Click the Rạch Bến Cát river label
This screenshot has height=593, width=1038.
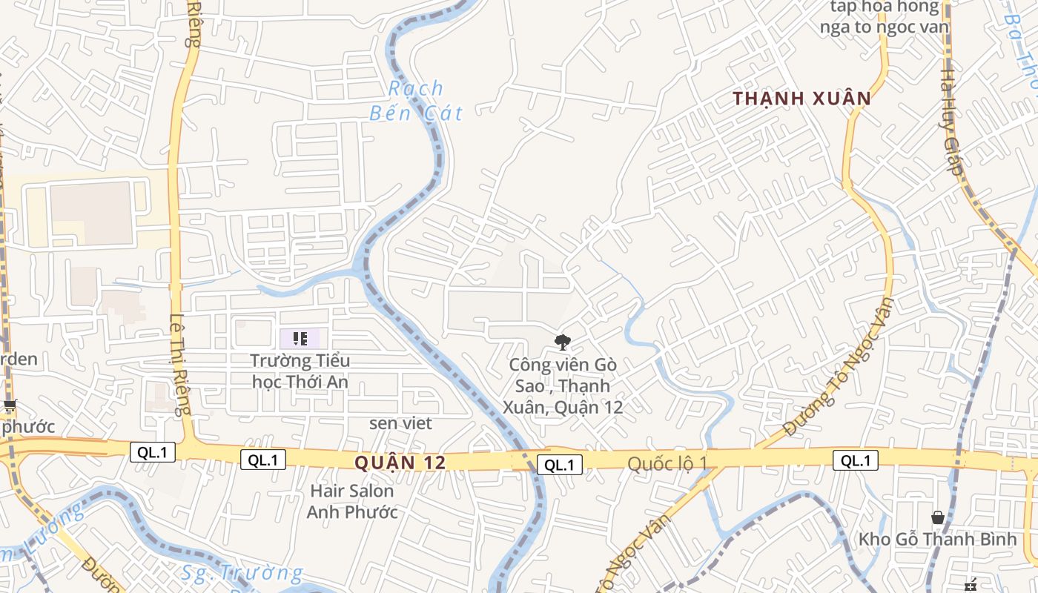click(416, 101)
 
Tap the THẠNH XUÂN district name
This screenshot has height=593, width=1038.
click(801, 99)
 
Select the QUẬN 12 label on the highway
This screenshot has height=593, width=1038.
click(400, 463)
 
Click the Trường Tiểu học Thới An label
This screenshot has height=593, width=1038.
click(300, 371)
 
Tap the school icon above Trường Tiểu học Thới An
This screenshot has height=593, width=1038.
click(300, 339)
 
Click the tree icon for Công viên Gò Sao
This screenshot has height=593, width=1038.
click(563, 342)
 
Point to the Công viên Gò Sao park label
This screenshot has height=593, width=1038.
click(563, 385)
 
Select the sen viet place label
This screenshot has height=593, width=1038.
click(400, 423)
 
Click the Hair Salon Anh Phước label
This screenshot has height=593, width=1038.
click(352, 501)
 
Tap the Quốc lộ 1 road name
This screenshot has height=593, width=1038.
click(667, 463)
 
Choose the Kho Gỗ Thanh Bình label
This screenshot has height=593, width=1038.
click(937, 539)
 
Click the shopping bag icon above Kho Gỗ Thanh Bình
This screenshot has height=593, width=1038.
click(937, 517)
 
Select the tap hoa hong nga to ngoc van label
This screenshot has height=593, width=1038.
click(884, 17)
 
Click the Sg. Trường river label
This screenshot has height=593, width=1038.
click(242, 573)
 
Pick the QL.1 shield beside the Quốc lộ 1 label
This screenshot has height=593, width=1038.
click(559, 465)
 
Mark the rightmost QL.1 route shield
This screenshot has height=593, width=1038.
click(855, 460)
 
